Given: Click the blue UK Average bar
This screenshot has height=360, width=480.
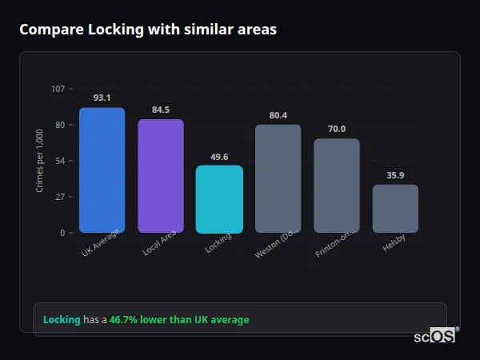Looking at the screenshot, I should (x=102, y=170).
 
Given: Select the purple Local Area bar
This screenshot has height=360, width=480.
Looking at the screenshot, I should (x=160, y=176).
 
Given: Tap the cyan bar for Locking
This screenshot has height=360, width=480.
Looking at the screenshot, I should (x=219, y=199).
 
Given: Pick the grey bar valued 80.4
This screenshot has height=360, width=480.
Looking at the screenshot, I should (x=278, y=178).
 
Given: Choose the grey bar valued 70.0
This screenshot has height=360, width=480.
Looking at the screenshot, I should (x=336, y=186).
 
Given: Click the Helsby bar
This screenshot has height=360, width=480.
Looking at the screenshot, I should (x=395, y=209).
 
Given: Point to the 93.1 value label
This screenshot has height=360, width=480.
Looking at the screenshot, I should (x=102, y=98).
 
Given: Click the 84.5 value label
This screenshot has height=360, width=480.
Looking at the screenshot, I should (x=160, y=110).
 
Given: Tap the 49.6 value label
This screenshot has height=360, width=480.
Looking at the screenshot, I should (x=219, y=156).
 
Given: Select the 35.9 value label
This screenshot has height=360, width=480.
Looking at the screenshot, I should (x=395, y=175).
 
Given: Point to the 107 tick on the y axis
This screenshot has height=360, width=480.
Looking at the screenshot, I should (x=58, y=89).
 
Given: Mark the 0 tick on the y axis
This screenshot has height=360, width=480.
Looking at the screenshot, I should (x=62, y=233).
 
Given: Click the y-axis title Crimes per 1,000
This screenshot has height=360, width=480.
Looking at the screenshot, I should (x=40, y=161).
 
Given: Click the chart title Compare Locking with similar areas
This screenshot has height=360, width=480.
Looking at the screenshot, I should (x=148, y=30).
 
